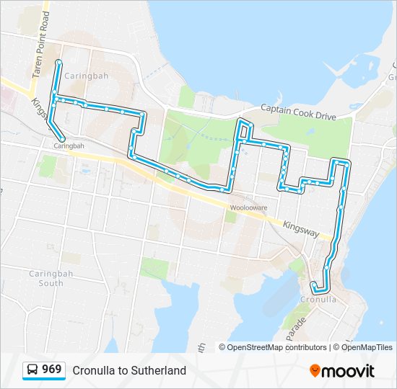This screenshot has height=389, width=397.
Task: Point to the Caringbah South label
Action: pos(46,278)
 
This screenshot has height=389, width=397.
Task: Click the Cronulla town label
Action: pos(318,299)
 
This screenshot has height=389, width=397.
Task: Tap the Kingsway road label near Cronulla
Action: pos(300,228)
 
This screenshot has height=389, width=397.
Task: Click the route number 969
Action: pos(51,370)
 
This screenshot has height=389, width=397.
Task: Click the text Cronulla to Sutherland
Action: pos(129,371)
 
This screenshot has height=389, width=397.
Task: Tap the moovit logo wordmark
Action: pos(349,371)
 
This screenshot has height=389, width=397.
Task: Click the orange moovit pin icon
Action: pos(315,371)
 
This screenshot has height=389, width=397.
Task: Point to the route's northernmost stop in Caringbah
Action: pos(58,63)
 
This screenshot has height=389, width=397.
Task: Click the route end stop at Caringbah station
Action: pos(63,138)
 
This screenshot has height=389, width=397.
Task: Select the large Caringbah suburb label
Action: pos(84,76)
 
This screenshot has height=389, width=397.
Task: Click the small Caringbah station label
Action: pos(69,146)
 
